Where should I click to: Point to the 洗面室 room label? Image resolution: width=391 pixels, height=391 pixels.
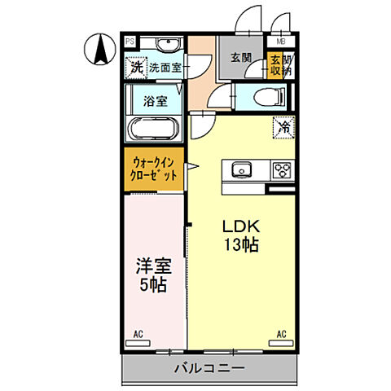click(x=165, y=68)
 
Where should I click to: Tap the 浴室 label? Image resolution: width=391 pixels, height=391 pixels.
click(x=156, y=102)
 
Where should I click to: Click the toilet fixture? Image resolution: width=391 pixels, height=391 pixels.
click(x=265, y=97)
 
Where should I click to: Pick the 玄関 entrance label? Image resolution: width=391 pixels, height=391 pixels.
click(x=239, y=58)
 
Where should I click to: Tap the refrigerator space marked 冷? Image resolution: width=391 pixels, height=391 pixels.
click(x=283, y=126)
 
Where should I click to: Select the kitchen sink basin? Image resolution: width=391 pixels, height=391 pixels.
click(x=242, y=170)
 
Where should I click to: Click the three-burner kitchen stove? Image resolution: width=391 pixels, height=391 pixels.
click(x=282, y=170)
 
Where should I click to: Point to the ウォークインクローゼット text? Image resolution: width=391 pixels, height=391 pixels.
click(x=153, y=169)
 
